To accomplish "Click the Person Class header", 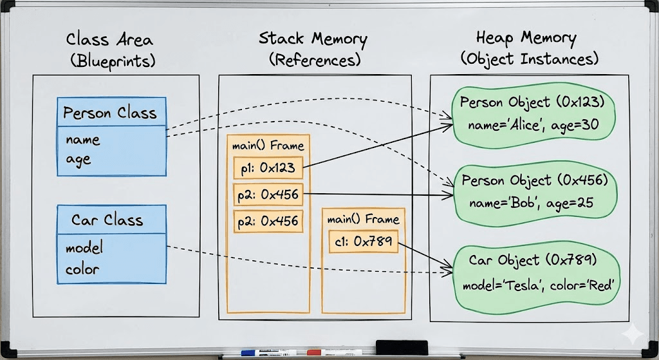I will coord(110,113).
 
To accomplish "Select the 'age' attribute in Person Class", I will coord(78,159).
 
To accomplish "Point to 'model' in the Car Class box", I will coord(84,248).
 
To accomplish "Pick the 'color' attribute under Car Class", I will coord(82,269).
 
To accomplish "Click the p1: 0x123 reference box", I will coord(268,168).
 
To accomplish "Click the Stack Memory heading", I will coord(313,38).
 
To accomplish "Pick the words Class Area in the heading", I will coord(111,40).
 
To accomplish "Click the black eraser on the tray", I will coord(401,346).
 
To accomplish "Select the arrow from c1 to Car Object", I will coord(425,254).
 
